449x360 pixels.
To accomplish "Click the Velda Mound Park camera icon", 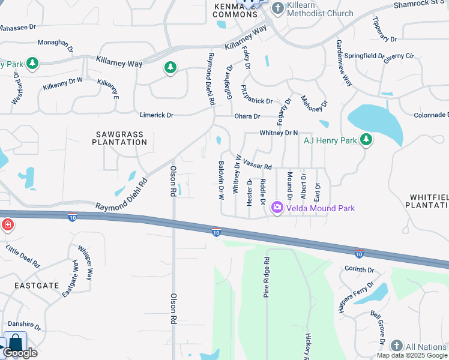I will pyautogui.click(x=277, y=208).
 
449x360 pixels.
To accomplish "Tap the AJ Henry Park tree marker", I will pyautogui.click(x=366, y=141).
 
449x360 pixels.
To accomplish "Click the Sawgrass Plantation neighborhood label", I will pyautogui.click(x=119, y=138).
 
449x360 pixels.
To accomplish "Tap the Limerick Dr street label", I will pyautogui.click(x=156, y=115).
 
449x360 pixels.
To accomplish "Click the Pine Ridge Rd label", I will pyautogui.click(x=267, y=278).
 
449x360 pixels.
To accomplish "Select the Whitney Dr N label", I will pyautogui.click(x=279, y=133).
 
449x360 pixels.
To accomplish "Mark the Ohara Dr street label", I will pyautogui.click(x=247, y=116).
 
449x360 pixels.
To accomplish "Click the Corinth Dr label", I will pyautogui.click(x=360, y=270).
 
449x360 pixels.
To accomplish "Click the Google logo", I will pyautogui.click(x=20, y=353).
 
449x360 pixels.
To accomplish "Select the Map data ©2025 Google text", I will pyautogui.click(x=411, y=355).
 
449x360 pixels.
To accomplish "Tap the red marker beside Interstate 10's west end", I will pyautogui.click(x=7, y=225).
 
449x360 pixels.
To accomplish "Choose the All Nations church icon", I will pyautogui.click(x=396, y=346).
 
